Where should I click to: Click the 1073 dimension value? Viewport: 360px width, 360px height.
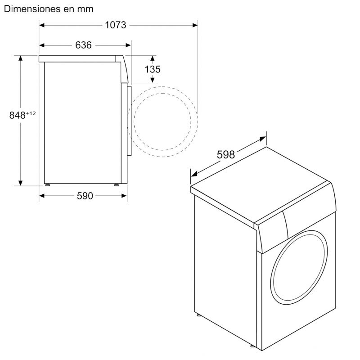click(116, 25)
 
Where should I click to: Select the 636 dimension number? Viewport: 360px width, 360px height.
click(83, 45)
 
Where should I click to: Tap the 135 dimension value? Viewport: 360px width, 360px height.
click(153, 69)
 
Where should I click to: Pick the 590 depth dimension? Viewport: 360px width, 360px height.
click(84, 196)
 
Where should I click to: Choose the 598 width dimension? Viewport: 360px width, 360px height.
click(226, 155)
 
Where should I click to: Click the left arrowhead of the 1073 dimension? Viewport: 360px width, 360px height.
click(41, 25)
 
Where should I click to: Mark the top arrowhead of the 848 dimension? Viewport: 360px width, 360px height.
click(21, 58)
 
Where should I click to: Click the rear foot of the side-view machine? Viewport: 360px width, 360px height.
click(47, 184)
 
